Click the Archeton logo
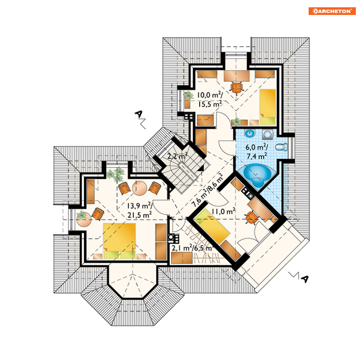point(332,11)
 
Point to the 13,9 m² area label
point(140,206)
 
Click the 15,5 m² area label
point(210,104)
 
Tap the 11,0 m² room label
point(224,211)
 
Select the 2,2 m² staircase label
point(177,156)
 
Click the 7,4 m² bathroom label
point(257,156)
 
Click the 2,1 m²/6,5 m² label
point(192,248)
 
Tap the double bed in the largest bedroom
point(119,241)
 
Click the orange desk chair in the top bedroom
point(236,88)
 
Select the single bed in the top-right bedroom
point(268,107)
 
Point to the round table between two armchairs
point(140,188)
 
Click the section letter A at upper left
point(139,114)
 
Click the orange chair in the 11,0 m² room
point(252,218)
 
